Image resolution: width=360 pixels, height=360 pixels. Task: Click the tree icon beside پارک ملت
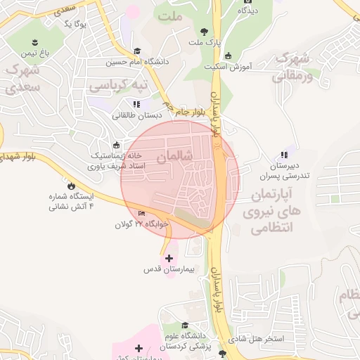click(x=204, y=31)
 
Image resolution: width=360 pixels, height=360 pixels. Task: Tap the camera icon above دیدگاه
click(x=247, y=1)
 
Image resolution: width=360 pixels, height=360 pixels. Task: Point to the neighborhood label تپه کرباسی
click(x=119, y=85)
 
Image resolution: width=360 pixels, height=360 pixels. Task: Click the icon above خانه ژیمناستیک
click(x=116, y=145)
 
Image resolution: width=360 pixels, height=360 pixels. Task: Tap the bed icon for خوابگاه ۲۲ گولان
click(x=142, y=214)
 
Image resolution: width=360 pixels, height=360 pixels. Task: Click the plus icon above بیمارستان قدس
click(x=168, y=258)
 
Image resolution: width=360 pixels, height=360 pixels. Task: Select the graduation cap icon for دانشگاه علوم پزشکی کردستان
click(x=185, y=326)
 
